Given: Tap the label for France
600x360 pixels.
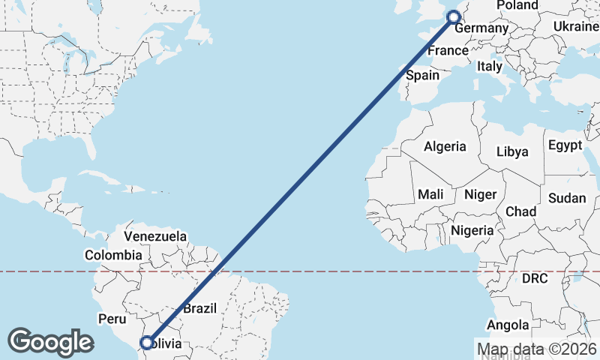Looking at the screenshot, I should (x=448, y=51).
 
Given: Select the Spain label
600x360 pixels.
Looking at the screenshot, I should (x=422, y=75).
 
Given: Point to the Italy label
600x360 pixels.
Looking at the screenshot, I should (x=490, y=66).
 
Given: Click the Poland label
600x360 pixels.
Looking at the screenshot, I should (x=517, y=5).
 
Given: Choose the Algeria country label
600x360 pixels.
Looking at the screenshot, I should (x=445, y=147).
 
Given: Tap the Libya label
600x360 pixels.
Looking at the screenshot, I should (x=512, y=151).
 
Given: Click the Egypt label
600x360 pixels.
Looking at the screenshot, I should (x=565, y=145).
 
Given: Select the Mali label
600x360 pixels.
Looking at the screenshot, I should (x=430, y=194).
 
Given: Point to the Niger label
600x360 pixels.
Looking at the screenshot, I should (x=480, y=194).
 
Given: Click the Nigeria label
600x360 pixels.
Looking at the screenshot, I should (x=472, y=230).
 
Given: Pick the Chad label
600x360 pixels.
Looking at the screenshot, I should (x=520, y=211).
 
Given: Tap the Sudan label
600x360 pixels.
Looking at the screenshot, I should (x=567, y=198).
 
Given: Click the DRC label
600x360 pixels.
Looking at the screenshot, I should (x=535, y=278).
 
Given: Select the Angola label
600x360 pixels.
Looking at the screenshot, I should (x=508, y=325).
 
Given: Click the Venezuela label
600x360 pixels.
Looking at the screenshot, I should (x=155, y=236).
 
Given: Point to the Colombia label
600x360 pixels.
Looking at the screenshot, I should (x=113, y=255).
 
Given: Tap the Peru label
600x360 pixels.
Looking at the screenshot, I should (x=112, y=319).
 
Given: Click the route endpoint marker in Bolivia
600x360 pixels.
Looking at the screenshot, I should (x=147, y=343).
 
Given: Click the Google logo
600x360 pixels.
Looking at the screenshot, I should (x=49, y=341).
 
